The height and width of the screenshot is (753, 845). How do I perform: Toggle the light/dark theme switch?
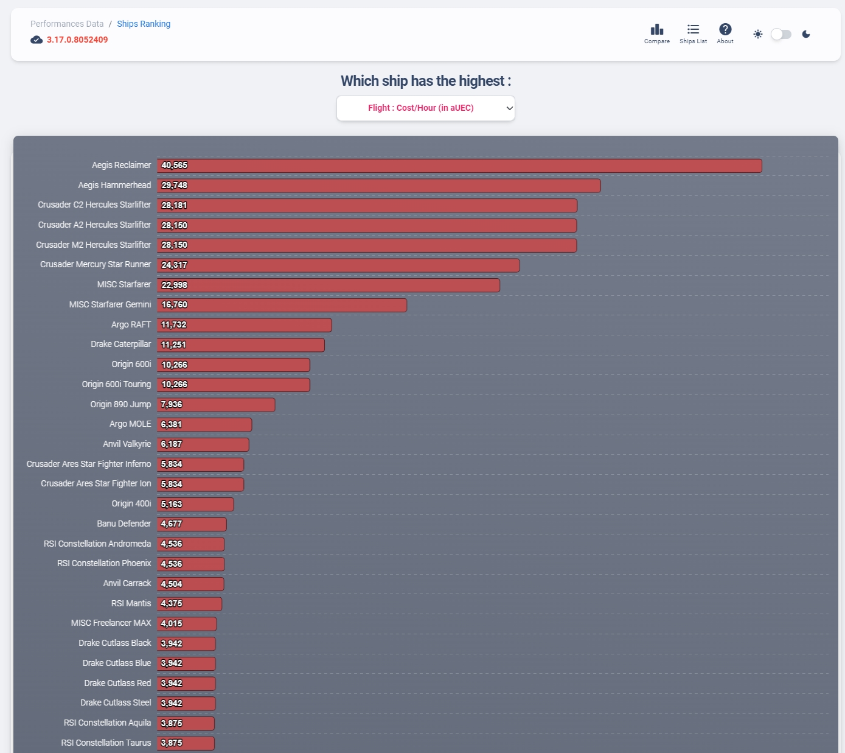[781, 34]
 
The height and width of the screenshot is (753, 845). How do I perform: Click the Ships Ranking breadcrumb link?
[144, 24]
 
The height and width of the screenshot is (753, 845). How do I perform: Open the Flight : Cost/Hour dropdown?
[426, 108]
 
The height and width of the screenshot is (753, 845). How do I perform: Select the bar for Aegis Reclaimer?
[459, 166]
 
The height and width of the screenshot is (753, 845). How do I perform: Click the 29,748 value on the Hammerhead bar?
[175, 186]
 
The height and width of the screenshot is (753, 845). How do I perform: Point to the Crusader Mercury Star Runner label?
[96, 264]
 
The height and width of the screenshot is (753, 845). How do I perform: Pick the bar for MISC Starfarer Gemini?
[282, 305]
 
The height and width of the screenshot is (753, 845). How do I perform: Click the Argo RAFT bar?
[245, 325]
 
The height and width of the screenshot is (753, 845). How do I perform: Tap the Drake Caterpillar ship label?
[121, 344]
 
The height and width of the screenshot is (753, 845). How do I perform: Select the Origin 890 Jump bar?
[216, 405]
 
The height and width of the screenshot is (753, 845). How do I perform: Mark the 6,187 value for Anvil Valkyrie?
[172, 444]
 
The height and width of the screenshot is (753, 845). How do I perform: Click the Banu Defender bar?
[192, 524]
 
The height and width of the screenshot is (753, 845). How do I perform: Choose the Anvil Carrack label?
[127, 583]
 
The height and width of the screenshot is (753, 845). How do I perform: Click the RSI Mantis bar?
[189, 604]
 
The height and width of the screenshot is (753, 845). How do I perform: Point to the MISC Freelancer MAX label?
[111, 623]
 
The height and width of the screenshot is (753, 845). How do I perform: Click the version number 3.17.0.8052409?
[77, 40]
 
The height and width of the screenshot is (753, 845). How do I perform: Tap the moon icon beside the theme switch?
[806, 34]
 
